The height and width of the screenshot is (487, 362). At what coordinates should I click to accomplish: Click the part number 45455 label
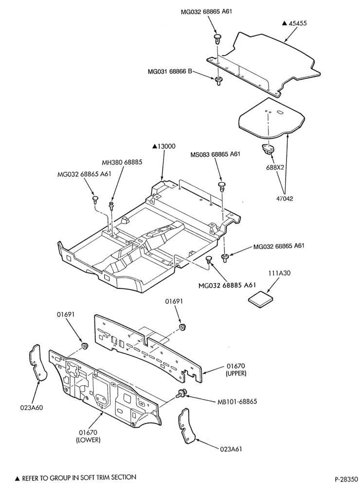point(298,23)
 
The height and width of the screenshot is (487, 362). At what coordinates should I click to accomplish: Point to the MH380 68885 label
point(123,163)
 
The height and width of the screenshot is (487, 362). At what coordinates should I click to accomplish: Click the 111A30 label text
point(279,273)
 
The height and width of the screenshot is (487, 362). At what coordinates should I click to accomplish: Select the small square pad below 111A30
point(261,300)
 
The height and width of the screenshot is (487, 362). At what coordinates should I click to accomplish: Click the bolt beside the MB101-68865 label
point(181,393)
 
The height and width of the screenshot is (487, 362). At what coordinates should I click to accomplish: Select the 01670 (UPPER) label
point(236,370)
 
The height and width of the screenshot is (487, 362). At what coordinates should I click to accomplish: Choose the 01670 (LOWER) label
point(88,436)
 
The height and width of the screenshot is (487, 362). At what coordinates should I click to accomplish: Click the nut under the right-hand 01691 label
point(182,328)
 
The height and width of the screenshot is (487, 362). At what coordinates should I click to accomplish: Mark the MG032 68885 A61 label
point(227,285)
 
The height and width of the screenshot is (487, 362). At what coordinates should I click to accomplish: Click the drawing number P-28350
point(345,479)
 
